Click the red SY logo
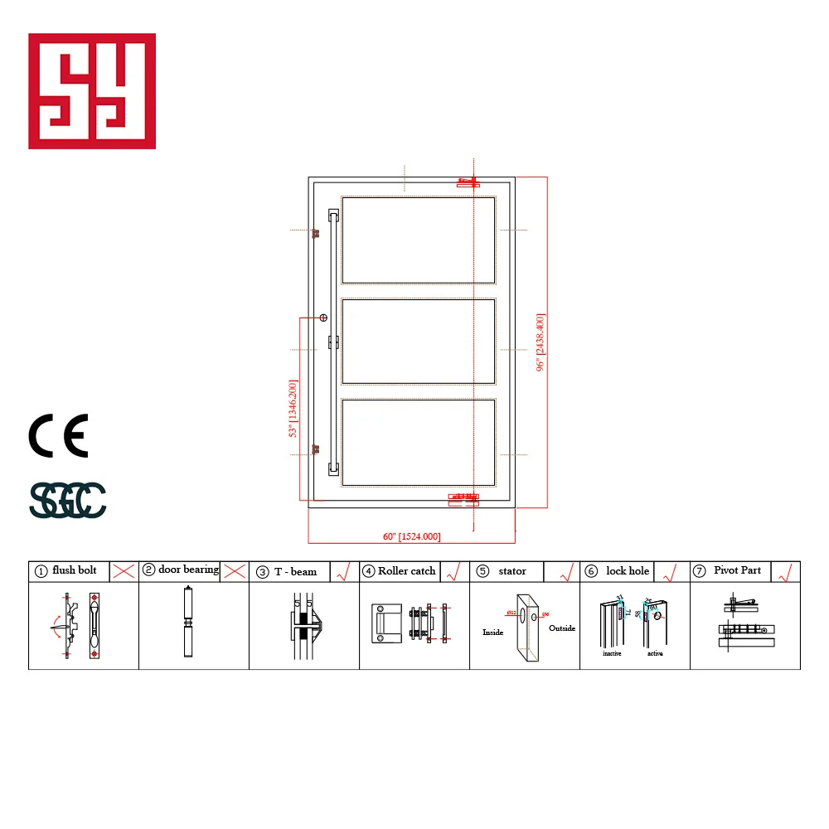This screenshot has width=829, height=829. pyautogui.click(x=92, y=91)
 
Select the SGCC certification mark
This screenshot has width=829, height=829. pyautogui.click(x=68, y=499)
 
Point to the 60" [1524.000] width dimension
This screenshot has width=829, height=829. pyautogui.click(x=412, y=536)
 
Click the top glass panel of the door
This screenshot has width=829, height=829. pyautogui.click(x=419, y=240)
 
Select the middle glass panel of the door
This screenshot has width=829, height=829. pyautogui.click(x=419, y=341)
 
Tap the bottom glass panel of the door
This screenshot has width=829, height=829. pyautogui.click(x=419, y=442)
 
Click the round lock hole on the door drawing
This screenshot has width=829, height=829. pyautogui.click(x=324, y=317)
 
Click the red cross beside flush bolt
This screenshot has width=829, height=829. pyautogui.click(x=124, y=570)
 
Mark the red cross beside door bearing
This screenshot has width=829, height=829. pyautogui.click(x=235, y=570)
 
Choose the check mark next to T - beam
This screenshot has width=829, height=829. pyautogui.click(x=342, y=570)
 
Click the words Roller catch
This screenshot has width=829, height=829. pyautogui.click(x=406, y=570)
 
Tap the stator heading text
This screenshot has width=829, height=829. pyautogui.click(x=512, y=570)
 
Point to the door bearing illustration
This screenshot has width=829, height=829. pyautogui.click(x=188, y=622)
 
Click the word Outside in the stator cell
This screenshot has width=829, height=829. pyautogui.click(x=562, y=628)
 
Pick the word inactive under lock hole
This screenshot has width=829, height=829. pyautogui.click(x=613, y=653)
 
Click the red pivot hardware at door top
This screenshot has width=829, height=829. pyautogui.click(x=468, y=182)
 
